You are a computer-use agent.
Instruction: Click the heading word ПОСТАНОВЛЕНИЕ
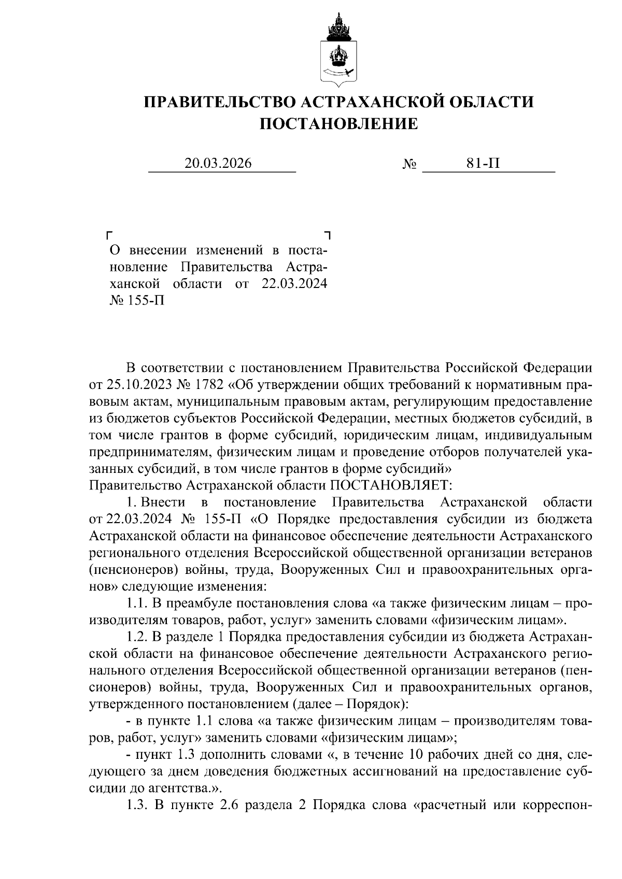(x=338, y=124)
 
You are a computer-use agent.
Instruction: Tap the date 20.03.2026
(x=218, y=164)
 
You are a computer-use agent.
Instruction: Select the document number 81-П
(x=483, y=164)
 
